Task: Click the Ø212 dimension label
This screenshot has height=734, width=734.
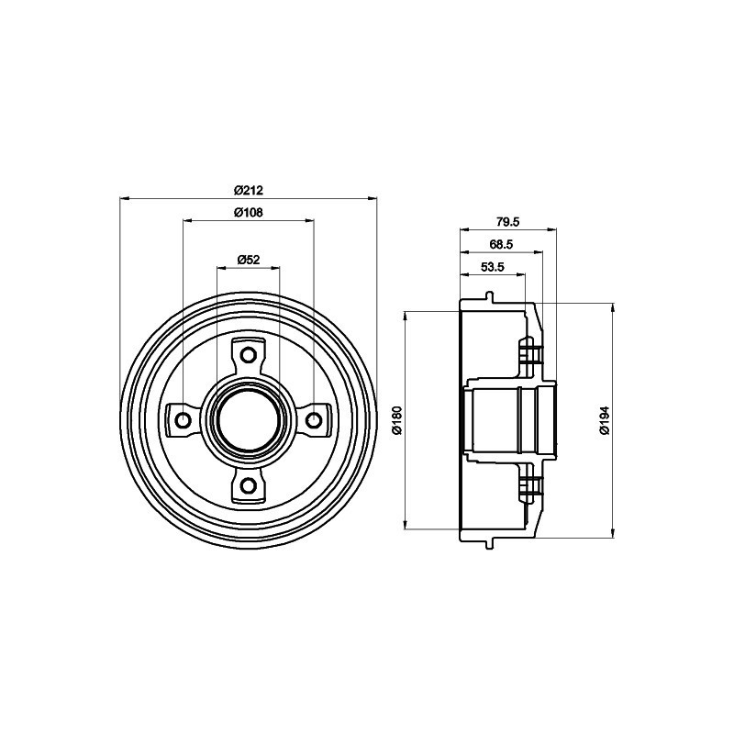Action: tap(248, 190)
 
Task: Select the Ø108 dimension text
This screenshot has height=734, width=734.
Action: tap(248, 213)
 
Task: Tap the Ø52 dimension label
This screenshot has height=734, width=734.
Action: tap(249, 260)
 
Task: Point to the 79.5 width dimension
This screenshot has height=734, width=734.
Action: tap(507, 221)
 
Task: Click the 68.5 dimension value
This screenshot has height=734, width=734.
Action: tap(501, 244)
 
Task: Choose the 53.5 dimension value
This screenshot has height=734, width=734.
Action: tap(493, 267)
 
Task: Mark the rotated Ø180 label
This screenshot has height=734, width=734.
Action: tap(397, 419)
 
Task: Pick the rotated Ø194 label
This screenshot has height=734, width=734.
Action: tap(604, 419)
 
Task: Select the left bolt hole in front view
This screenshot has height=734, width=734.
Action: tap(182, 420)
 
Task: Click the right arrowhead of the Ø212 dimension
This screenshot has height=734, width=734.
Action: tap(372, 197)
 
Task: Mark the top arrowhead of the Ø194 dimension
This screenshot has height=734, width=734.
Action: tap(612, 305)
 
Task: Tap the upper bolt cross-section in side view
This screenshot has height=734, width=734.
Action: tap(528, 353)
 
